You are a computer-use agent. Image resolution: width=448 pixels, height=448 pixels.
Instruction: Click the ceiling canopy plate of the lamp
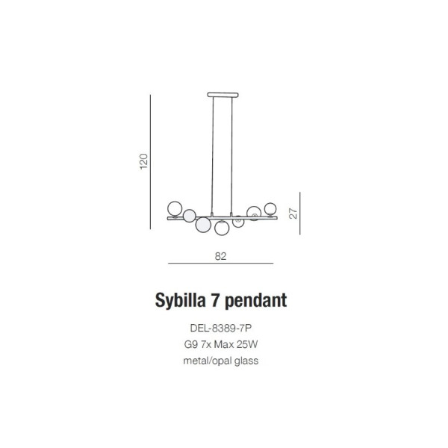(x=223, y=95)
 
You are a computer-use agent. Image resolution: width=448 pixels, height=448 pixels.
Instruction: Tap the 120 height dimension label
(x=143, y=161)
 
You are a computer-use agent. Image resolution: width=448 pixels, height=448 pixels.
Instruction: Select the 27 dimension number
(x=293, y=214)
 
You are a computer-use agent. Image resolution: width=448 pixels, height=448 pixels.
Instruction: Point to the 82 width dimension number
(x=220, y=256)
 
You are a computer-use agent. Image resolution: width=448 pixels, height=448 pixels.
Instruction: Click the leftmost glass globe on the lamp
(x=175, y=208)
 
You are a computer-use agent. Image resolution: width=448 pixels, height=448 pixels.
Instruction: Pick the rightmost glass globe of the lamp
(x=270, y=208)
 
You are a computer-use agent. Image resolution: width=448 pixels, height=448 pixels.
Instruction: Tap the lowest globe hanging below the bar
(x=222, y=228)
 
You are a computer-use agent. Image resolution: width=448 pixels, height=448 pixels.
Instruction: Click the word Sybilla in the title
(x=180, y=301)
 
